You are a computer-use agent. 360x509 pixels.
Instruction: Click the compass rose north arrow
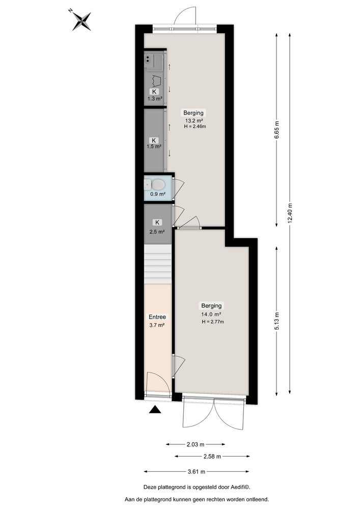81,21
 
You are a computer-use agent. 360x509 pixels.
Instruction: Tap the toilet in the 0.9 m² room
158,184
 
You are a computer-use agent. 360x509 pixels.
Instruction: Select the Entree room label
157,316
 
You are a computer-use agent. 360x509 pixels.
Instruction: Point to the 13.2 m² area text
195,121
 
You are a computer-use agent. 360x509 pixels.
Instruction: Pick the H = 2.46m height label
195,127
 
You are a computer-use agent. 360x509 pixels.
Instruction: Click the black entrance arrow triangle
155,410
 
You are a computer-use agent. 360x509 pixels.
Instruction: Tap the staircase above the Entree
156,264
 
